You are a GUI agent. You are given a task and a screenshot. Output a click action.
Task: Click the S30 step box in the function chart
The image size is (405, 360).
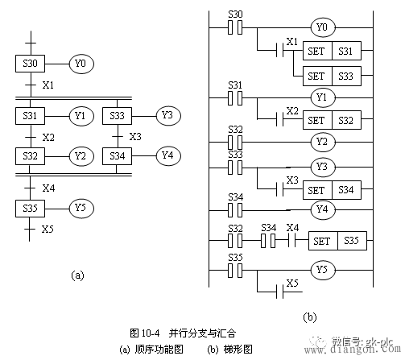30,64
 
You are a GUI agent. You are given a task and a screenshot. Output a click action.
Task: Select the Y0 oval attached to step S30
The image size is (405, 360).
81,64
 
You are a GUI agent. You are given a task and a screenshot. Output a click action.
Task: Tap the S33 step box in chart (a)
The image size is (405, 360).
117,116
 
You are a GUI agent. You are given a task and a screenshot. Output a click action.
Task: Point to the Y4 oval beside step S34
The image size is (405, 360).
168,156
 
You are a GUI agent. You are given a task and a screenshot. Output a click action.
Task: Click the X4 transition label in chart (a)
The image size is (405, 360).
48,188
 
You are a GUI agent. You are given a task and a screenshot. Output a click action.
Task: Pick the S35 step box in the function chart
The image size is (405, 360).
30,209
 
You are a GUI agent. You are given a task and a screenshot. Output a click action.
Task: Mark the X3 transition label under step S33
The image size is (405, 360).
135,137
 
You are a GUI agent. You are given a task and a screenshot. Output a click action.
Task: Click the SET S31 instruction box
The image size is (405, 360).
332,51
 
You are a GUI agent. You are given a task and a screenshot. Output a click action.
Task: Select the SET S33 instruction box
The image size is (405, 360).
332,77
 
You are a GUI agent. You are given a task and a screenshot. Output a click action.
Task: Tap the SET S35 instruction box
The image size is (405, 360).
337,241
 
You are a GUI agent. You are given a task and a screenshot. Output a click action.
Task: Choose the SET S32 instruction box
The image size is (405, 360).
332,120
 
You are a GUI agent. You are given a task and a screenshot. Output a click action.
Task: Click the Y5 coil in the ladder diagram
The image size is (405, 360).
323,270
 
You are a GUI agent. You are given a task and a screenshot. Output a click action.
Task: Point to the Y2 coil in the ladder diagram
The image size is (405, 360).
323,142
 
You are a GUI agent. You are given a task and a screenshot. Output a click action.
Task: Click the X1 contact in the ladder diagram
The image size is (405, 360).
280,50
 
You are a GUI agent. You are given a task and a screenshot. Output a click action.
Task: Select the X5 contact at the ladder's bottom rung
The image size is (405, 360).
280,292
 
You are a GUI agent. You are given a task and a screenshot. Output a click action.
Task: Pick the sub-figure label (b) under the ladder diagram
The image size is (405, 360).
310,317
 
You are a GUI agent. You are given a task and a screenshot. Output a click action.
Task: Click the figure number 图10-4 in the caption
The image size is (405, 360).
145,333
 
